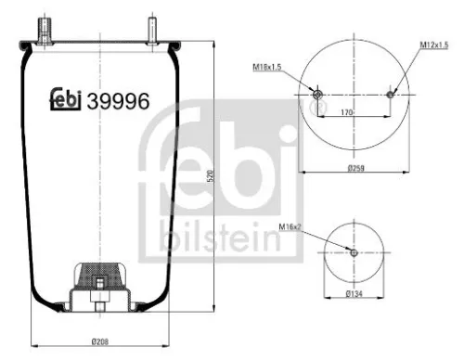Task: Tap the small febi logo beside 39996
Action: [x=65, y=99]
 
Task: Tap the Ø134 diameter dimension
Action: [x=354, y=294]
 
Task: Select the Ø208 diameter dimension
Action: [x=98, y=342]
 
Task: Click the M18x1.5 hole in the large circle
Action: [x=317, y=96]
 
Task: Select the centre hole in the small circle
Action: [x=353, y=252]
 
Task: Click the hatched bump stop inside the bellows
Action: [x=97, y=273]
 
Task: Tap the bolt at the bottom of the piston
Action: [x=97, y=302]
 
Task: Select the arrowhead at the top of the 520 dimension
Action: [x=214, y=43]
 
